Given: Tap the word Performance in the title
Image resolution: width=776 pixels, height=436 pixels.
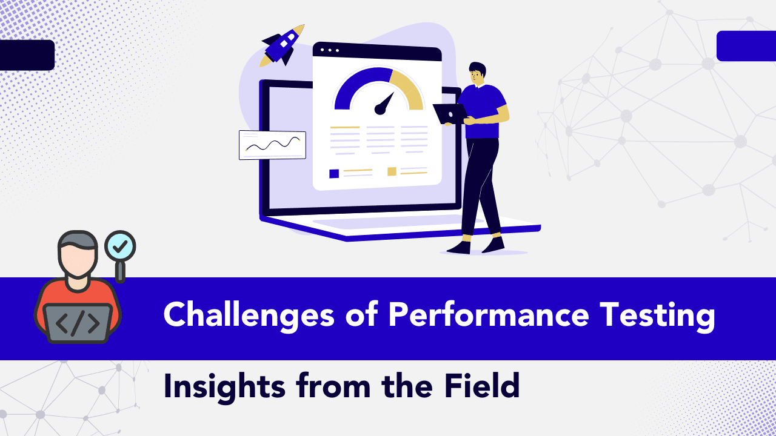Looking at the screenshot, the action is tap(489, 314).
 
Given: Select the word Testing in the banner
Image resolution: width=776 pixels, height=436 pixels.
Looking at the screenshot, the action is tap(657, 316).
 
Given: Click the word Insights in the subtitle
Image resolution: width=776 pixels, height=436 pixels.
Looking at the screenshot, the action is tap(224, 388).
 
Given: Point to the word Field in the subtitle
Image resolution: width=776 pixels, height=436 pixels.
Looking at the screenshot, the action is tap(482, 385).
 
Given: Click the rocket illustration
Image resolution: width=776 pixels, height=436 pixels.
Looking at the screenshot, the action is tap(282, 45).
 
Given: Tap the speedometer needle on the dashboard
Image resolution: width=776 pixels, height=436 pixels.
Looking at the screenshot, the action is tap(384, 103).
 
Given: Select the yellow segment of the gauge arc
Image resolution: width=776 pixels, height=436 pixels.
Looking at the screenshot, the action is tap(407, 88).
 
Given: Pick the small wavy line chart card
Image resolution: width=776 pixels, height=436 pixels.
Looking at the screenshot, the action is tap(272, 145).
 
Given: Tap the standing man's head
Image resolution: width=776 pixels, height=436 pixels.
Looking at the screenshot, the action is tap(477, 74).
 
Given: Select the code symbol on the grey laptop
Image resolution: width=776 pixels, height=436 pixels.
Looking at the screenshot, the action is tap(78, 323).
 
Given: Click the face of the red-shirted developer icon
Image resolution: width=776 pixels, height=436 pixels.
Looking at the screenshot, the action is tap(78, 260).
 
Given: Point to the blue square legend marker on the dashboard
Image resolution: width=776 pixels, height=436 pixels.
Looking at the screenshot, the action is tap(334, 173).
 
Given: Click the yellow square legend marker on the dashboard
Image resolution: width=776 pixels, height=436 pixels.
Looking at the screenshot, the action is tap(392, 171).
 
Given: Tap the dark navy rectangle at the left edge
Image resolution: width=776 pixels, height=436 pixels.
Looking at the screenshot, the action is tap(27, 55).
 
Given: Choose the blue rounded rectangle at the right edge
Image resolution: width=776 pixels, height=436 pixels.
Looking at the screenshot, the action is tap(746, 46).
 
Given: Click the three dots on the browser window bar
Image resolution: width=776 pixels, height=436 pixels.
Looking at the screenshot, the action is tap(330, 50).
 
